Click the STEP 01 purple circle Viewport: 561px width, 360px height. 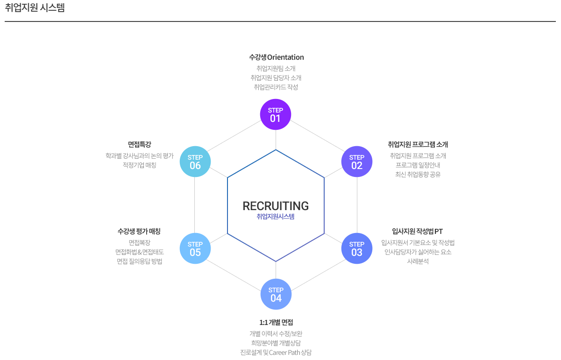tap(276, 114)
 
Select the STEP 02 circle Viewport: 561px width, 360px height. tap(357, 162)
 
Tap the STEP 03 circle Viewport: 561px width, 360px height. tap(357, 248)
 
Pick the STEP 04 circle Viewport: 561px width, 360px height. tap(276, 294)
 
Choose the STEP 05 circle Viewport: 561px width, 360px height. tap(195, 248)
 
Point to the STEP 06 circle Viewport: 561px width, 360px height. tap(195, 162)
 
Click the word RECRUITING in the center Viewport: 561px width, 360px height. tap(276, 206)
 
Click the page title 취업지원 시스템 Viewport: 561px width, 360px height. tap(35, 8)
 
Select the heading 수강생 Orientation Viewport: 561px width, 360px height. tap(277, 57)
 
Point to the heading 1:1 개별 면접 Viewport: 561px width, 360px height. tap(276, 322)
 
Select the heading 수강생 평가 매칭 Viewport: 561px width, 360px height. tap(139, 231)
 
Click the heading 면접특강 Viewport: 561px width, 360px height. tap(139, 144)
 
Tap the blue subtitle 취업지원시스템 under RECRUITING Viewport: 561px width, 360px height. tap(276, 217)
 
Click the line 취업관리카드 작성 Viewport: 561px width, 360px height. tap(276, 87)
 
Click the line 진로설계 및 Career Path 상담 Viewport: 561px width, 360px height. tap(276, 353)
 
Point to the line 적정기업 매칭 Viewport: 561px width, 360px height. tap(139, 165)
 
